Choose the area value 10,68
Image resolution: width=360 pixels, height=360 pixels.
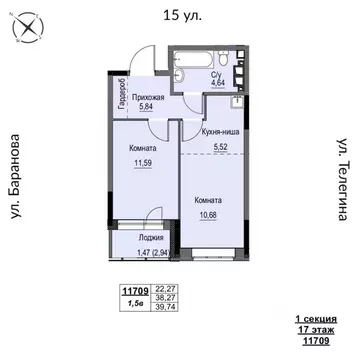215,211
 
